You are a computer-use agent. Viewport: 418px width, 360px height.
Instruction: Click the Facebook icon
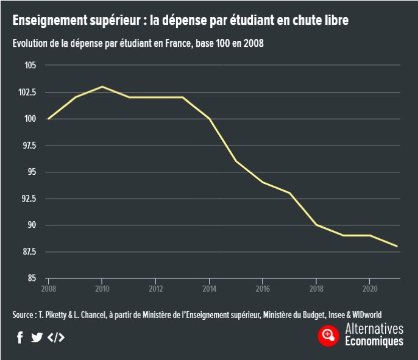tap(20, 337)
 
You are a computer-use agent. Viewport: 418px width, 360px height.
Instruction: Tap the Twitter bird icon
tap(37, 337)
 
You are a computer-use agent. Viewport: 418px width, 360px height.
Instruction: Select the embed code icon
tap(55, 337)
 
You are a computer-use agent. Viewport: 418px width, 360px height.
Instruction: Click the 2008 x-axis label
tap(48, 288)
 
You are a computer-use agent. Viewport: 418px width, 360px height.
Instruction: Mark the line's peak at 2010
tap(102, 86)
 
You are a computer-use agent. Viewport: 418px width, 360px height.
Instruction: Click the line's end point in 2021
tap(397, 246)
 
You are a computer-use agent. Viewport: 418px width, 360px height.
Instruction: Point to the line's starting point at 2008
tap(48, 119)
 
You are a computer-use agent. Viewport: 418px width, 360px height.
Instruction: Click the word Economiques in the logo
tap(374, 342)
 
